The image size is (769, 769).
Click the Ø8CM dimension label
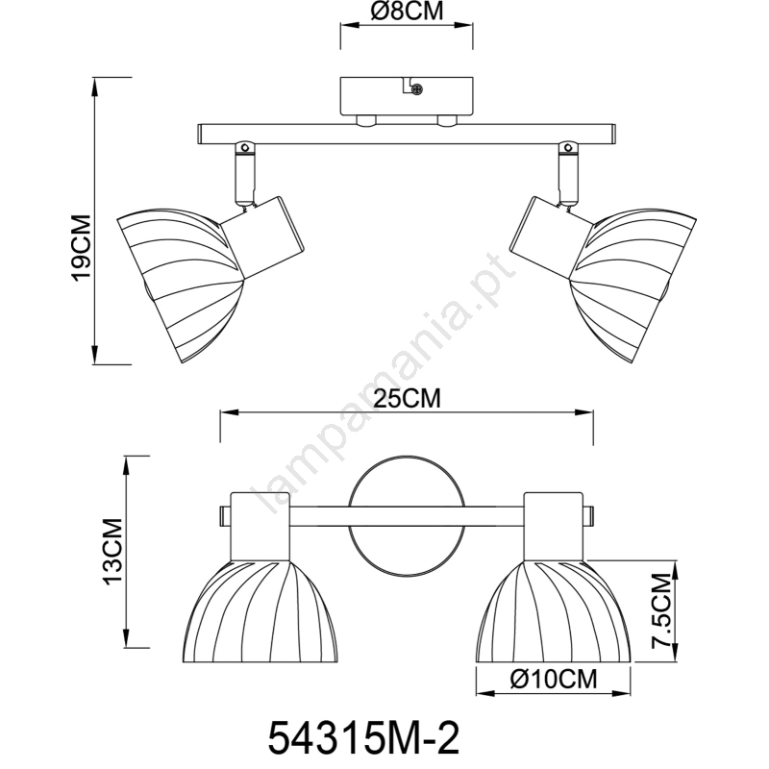pyautogui.click(x=407, y=12)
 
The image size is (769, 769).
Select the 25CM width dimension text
pyautogui.click(x=407, y=398)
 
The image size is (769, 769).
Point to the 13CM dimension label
pyautogui.click(x=112, y=551)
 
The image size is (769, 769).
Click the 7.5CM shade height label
pyautogui.click(x=660, y=610)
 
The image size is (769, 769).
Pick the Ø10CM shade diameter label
pyautogui.click(x=554, y=680)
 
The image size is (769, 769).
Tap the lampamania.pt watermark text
pyautogui.click(x=384, y=384)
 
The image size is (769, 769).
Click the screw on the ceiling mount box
pyautogui.click(x=417, y=89)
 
